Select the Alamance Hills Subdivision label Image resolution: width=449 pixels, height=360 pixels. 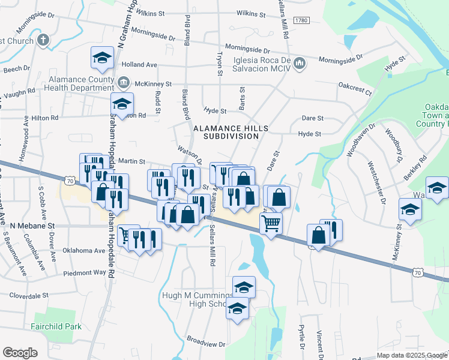click(226, 132)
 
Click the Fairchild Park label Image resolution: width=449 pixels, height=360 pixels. click(56, 327)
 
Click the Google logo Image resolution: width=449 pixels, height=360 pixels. click(20, 353)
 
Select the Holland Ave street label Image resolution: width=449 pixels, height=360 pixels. click(139, 65)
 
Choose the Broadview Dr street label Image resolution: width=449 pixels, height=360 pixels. click(206, 344)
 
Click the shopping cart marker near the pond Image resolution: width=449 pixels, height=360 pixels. click(271, 224)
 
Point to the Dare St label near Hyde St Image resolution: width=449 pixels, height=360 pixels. click(313, 119)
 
